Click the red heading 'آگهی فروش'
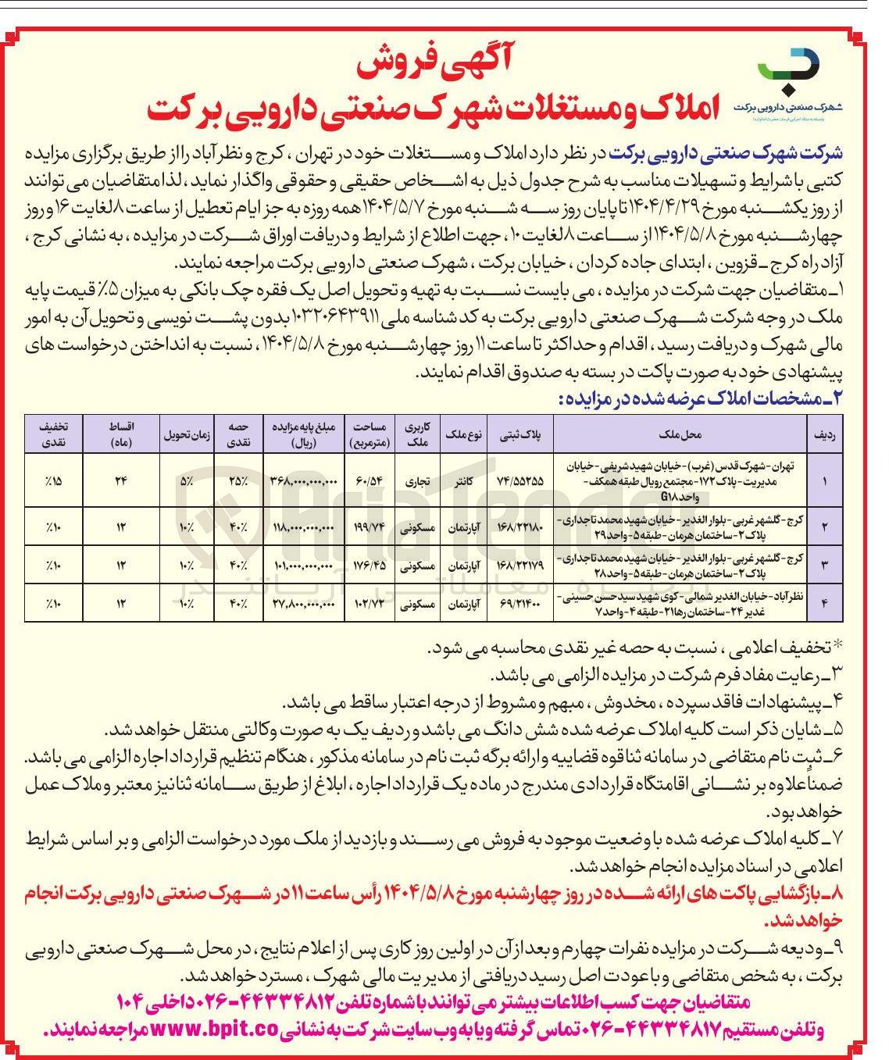coord(434,63)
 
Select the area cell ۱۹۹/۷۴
coord(369,527)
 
